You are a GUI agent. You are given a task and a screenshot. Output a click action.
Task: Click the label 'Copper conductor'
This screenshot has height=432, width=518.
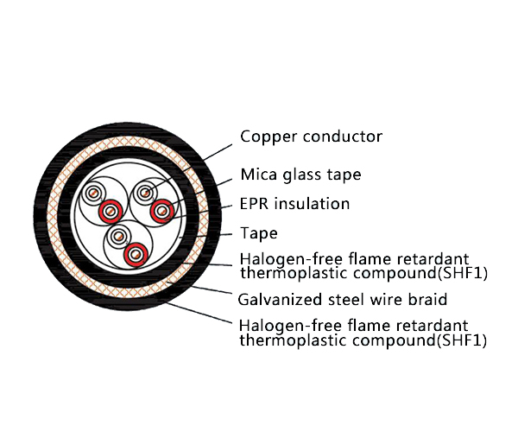(311, 137)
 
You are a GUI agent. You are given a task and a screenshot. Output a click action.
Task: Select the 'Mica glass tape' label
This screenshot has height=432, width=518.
(300, 175)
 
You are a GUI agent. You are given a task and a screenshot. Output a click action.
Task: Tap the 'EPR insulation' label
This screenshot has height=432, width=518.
(294, 205)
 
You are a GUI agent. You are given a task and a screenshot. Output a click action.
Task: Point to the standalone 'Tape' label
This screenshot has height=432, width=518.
(259, 233)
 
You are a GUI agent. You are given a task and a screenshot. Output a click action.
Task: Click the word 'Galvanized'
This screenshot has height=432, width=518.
(275, 300)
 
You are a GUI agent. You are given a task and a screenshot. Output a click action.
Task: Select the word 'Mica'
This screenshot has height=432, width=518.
(256, 175)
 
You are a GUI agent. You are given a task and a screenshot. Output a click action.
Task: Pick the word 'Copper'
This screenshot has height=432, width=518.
(266, 137)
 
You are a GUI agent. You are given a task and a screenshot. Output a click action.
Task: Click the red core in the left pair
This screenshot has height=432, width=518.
(108, 211)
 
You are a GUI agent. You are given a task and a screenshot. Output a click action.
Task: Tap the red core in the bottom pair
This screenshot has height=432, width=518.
(134, 255)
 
